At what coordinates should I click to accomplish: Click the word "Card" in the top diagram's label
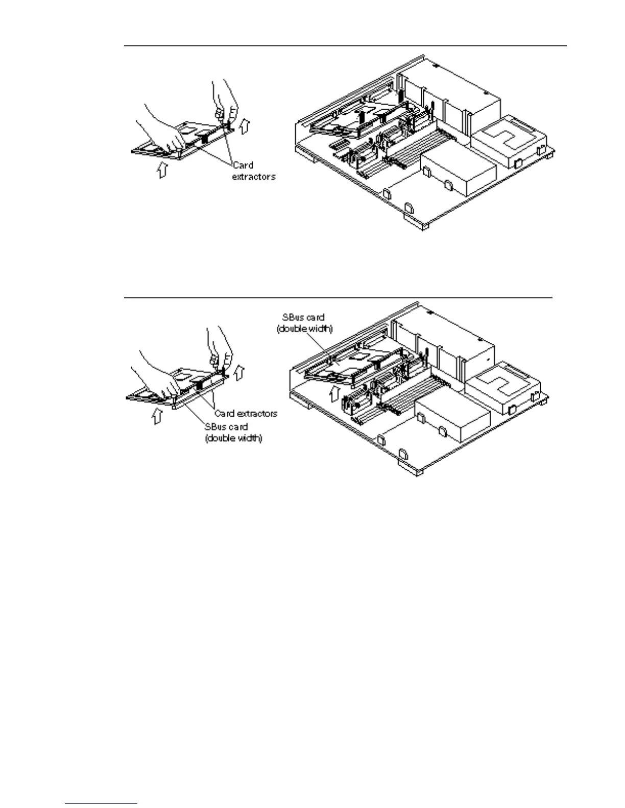tap(243, 165)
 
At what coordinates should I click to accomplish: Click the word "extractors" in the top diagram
tap(254, 176)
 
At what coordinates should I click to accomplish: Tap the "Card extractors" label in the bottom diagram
tap(246, 413)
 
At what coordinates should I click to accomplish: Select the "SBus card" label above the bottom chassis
tap(304, 323)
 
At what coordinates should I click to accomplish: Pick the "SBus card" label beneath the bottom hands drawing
tap(233, 432)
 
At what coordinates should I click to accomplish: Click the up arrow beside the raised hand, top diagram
tap(245, 124)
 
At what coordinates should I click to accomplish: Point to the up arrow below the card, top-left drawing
tap(162, 170)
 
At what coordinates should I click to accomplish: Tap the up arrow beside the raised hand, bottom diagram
tap(238, 372)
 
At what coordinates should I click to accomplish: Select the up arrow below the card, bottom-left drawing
tap(154, 417)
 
